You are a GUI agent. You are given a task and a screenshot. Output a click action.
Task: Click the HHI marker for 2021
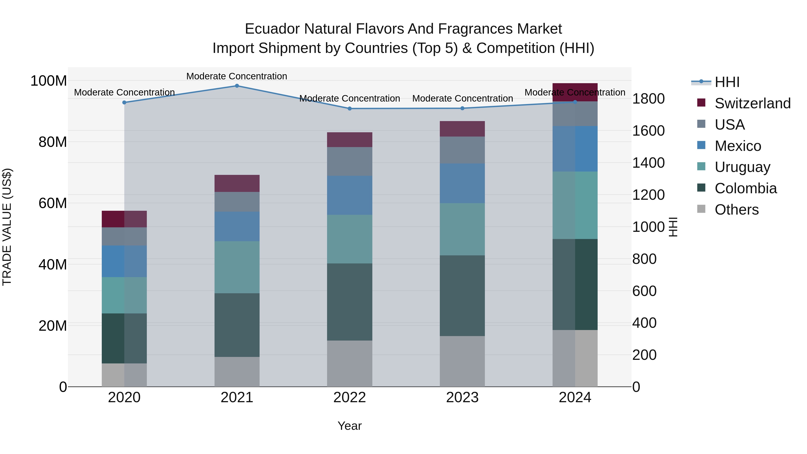tap(237, 86)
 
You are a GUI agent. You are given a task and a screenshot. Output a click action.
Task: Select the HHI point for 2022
tap(350, 109)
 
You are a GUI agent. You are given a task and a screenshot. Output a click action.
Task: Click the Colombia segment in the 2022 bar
tap(350, 302)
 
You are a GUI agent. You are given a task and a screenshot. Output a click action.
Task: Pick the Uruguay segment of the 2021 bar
tap(237, 267)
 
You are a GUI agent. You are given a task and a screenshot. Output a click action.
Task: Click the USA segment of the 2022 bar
tap(350, 161)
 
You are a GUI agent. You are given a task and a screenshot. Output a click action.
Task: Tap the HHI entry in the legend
tap(727, 82)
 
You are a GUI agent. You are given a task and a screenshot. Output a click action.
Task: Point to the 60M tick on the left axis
tap(53, 203)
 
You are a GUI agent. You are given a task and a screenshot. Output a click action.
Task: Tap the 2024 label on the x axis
tap(575, 398)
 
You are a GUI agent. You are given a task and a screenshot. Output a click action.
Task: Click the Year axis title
tap(350, 426)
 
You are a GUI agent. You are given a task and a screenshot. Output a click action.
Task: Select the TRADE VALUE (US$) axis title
tap(7, 227)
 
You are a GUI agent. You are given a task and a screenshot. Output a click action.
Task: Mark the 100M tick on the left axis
tap(49, 81)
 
